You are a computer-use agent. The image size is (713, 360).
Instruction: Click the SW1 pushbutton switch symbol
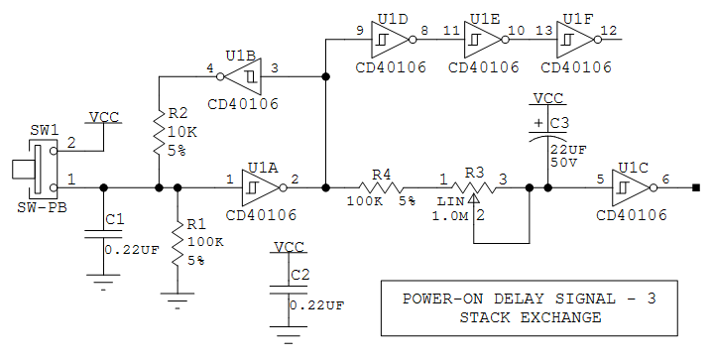pos(36,168)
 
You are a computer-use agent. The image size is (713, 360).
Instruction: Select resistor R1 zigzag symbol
pos(178,243)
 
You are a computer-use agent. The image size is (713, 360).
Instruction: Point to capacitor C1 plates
pos(103,235)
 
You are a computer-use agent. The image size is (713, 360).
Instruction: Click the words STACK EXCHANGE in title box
pos(530,317)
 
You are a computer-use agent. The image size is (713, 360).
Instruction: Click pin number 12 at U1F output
pos(608,31)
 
